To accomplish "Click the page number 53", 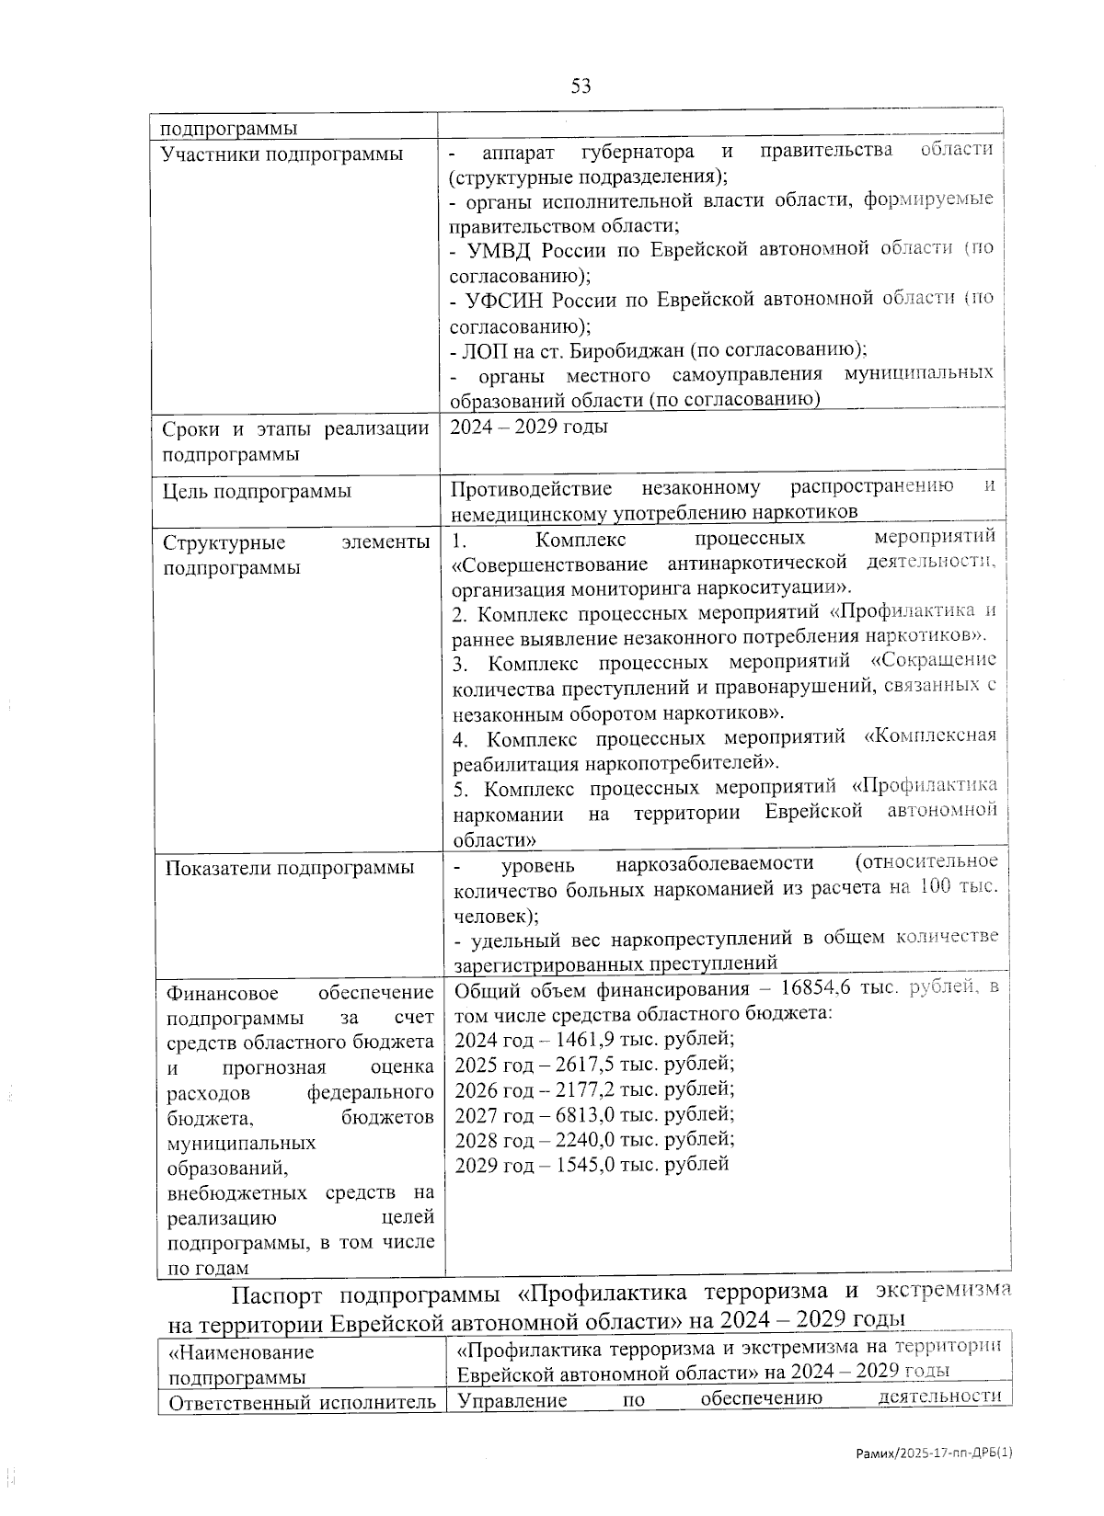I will [x=581, y=86].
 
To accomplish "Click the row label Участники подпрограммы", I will [x=282, y=154].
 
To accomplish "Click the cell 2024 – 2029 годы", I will [x=528, y=427].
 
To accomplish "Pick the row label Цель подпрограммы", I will [x=257, y=491].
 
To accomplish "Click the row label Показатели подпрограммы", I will [x=289, y=868].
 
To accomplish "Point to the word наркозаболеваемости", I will [x=715, y=863].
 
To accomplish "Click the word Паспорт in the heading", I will [x=276, y=1294].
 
